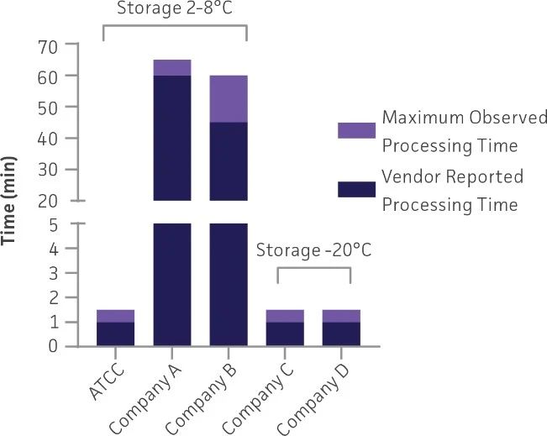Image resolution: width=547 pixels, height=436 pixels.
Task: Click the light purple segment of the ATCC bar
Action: (x=115, y=316)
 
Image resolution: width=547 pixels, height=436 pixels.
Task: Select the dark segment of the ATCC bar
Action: (x=115, y=334)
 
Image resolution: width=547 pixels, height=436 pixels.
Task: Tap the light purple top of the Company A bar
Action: (x=172, y=67)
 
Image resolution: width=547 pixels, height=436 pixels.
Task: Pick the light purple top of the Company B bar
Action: (x=229, y=98)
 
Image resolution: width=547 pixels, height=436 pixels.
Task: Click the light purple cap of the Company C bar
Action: (x=286, y=316)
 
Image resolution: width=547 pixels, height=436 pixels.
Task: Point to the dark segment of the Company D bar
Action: (x=342, y=334)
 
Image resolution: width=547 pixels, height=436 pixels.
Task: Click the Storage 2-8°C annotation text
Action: (x=175, y=9)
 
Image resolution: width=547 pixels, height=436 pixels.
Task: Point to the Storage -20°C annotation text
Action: (x=313, y=250)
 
